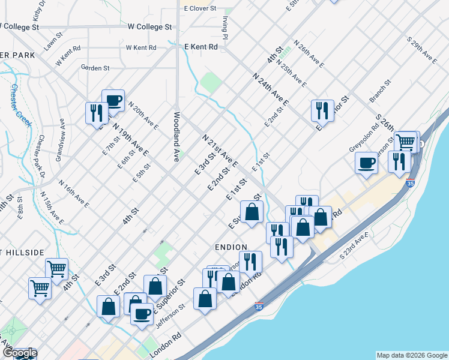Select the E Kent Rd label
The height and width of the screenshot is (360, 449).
200,46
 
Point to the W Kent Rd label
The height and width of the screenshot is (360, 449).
141,47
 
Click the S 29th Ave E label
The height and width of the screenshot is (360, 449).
421,50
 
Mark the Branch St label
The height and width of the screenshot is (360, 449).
380,90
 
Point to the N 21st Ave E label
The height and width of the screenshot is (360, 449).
220,150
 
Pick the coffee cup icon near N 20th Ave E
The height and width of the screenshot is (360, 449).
113,100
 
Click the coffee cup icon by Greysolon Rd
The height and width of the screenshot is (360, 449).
366,162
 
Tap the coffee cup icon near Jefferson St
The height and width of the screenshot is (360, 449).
142,313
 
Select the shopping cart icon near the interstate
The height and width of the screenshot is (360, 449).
406,142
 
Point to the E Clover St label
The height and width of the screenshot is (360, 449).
200,8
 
